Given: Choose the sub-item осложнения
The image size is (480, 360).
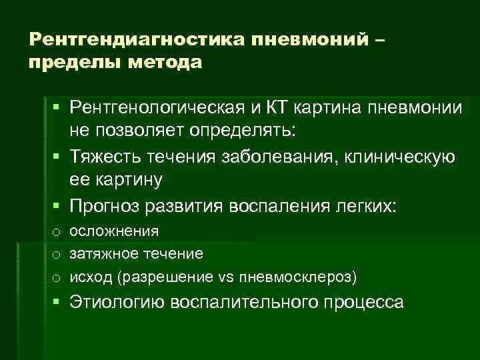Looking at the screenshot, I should [x=114, y=231].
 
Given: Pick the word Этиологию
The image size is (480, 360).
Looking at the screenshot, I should [x=117, y=302].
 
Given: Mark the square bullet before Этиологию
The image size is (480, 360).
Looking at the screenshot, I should [x=58, y=301].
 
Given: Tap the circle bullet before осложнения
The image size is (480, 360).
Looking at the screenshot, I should [x=57, y=232].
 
